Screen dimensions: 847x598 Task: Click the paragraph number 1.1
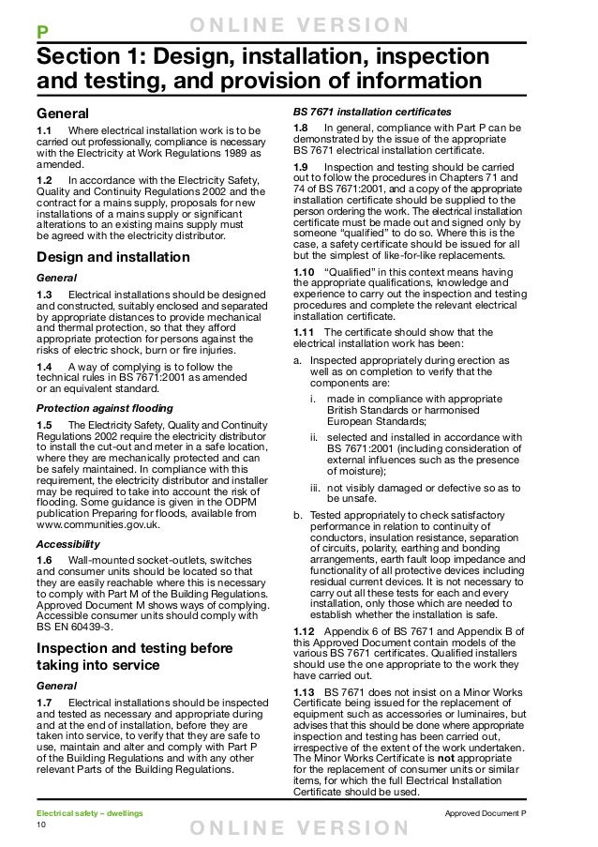click(44, 129)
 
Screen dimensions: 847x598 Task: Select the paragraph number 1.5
click(44, 426)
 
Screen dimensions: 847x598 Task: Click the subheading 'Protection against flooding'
click(104, 408)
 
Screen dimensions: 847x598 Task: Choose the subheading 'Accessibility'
click(67, 543)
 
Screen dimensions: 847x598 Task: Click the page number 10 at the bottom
click(41, 824)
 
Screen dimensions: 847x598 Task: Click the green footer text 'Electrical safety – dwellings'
click(90, 810)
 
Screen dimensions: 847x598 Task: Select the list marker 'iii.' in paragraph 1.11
click(317, 488)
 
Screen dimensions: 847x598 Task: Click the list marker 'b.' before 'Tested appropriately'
click(297, 514)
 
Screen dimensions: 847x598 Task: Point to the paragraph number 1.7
click(44, 703)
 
